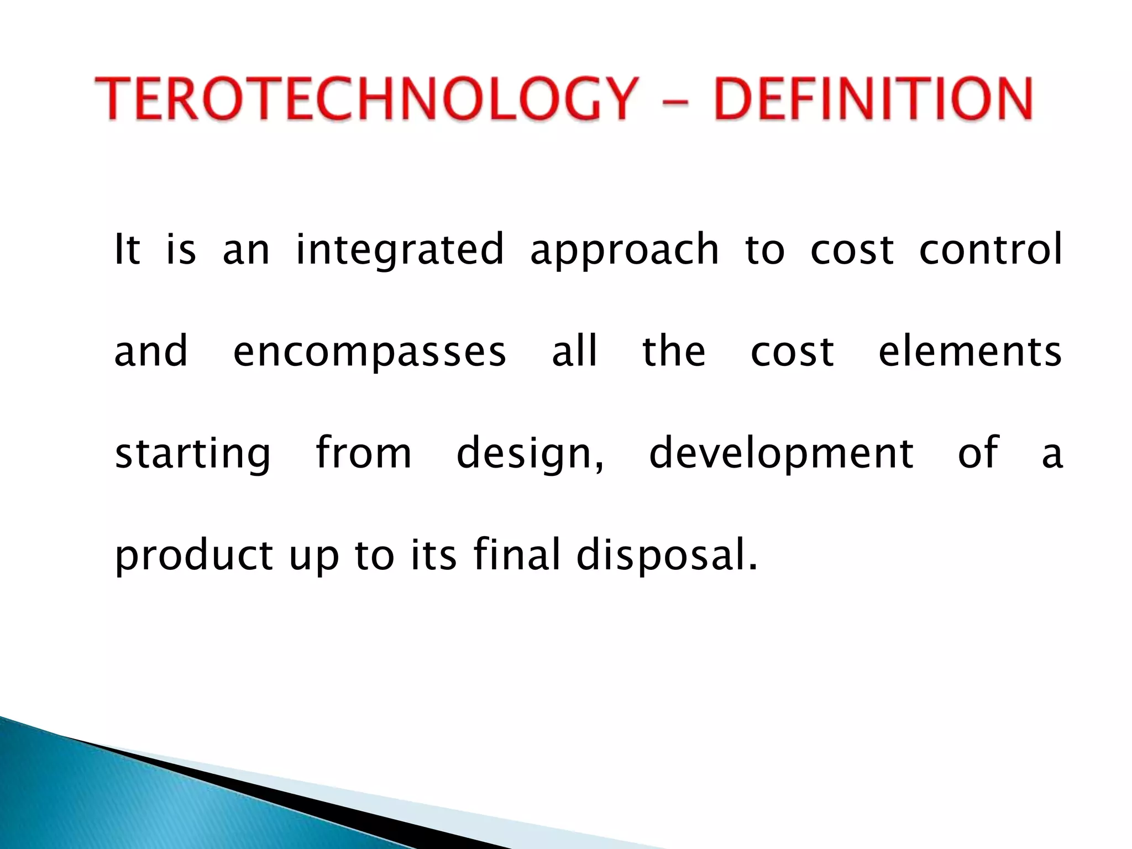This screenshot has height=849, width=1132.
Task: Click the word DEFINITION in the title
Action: click(873, 99)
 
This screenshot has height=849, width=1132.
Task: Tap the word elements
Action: click(970, 352)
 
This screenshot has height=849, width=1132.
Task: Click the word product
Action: click(193, 555)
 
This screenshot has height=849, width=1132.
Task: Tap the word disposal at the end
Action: click(666, 555)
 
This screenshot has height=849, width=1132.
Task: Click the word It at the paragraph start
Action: click(127, 250)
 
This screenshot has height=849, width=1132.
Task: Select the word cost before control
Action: click(852, 250)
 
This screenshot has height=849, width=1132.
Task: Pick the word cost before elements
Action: click(792, 353)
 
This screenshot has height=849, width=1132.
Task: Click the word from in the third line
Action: click(364, 453)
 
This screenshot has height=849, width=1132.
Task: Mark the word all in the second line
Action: click(575, 352)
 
